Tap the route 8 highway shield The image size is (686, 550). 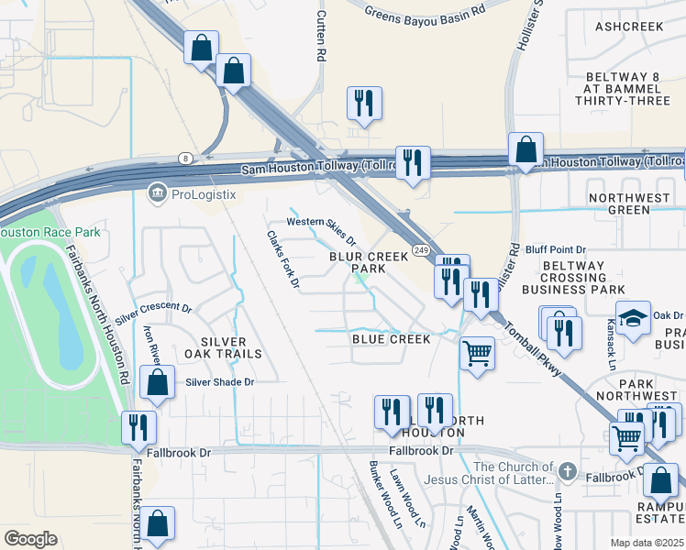click(x=185, y=159)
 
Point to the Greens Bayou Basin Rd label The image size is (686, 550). click(x=424, y=13)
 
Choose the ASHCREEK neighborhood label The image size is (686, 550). click(x=628, y=27)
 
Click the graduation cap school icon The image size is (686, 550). click(x=633, y=318)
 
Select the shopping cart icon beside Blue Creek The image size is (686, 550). click(x=477, y=353)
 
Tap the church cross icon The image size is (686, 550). click(x=568, y=472)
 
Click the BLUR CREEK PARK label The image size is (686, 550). click(x=369, y=263)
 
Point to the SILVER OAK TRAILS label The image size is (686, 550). click(x=224, y=346)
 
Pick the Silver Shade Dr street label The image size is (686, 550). click(x=218, y=381)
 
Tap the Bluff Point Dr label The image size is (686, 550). click(x=556, y=249)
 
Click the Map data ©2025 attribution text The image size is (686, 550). click(x=647, y=543)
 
